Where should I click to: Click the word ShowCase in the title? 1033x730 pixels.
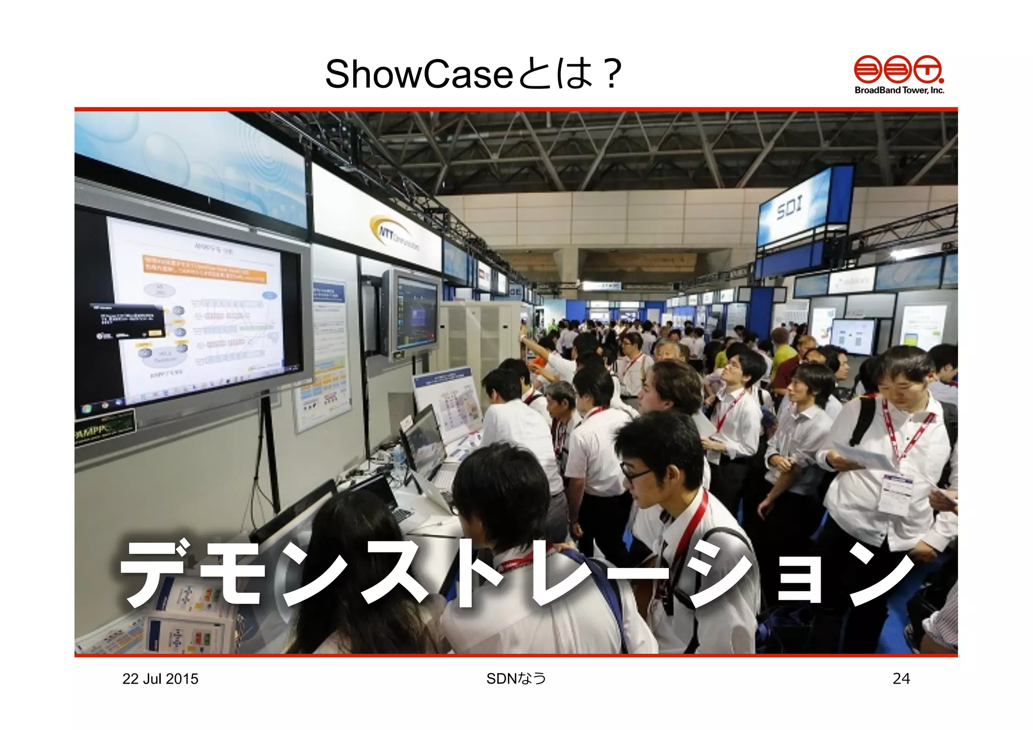[x=419, y=74]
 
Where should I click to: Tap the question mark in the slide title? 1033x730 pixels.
[x=612, y=74]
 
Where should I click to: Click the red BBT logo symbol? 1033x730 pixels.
[x=898, y=69]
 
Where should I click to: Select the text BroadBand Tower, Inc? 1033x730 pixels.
[x=899, y=90]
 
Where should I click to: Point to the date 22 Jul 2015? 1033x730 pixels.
[x=160, y=679]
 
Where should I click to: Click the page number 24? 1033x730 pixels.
[x=901, y=679]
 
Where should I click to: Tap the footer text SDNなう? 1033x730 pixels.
[x=516, y=679]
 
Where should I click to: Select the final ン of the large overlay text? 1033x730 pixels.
[x=880, y=575]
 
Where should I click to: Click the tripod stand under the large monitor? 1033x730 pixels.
[x=267, y=454]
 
